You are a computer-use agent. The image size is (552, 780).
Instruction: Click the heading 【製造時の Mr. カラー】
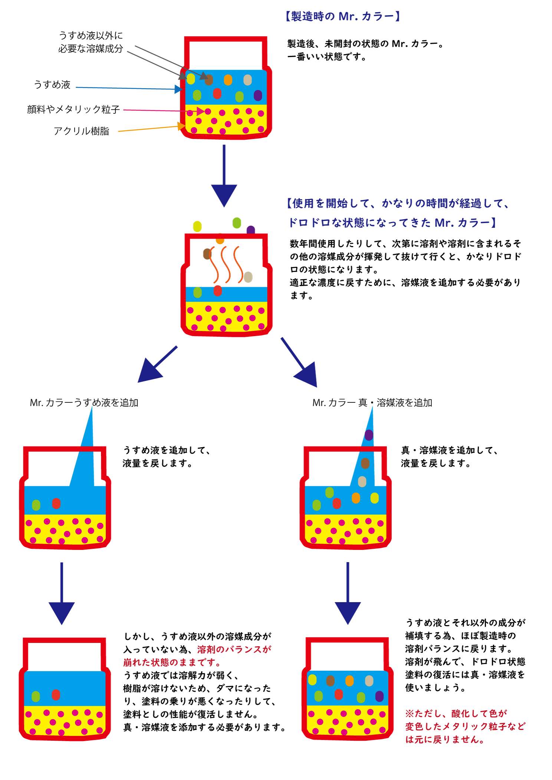click(x=343, y=16)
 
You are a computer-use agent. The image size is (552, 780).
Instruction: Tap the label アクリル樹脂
click(x=81, y=131)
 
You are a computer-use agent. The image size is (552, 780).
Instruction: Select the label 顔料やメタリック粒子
click(x=73, y=109)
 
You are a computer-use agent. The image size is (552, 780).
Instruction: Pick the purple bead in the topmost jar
click(x=258, y=96)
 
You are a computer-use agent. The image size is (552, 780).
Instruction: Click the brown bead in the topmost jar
click(x=209, y=80)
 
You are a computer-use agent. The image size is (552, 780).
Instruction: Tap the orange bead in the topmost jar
click(x=228, y=80)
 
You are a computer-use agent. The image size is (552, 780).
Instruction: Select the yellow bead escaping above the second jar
click(x=197, y=226)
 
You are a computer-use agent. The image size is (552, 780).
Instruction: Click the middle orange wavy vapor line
click(x=225, y=264)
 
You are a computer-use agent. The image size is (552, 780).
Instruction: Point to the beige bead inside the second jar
click(x=248, y=277)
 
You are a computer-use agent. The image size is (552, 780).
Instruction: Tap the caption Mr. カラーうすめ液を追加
click(x=84, y=403)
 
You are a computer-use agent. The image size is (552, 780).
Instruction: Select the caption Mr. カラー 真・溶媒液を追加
click(x=372, y=403)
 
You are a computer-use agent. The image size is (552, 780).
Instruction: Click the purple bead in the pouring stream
click(x=369, y=435)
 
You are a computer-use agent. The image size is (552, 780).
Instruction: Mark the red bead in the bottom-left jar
click(x=56, y=695)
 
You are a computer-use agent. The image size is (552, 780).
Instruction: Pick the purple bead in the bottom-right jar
click(x=379, y=696)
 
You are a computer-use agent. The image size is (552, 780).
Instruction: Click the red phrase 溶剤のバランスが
click(x=234, y=649)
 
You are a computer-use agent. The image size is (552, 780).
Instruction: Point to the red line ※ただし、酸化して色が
click(x=456, y=713)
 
